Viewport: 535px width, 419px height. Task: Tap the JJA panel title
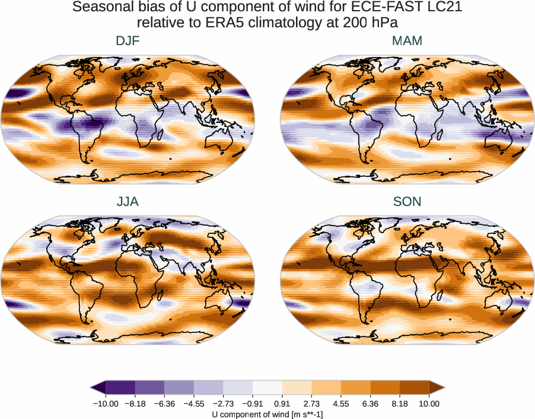(128, 202)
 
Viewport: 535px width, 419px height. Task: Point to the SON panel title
(407, 202)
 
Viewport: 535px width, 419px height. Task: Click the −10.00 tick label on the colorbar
(106, 404)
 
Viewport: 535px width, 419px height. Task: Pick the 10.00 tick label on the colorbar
(429, 404)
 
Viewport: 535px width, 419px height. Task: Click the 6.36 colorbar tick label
(370, 404)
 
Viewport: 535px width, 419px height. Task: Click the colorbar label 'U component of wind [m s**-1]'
(267, 415)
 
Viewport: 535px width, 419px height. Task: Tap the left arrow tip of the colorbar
(92, 388)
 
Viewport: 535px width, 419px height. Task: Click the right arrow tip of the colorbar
(443, 388)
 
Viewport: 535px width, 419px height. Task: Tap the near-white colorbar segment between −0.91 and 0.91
(267, 388)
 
